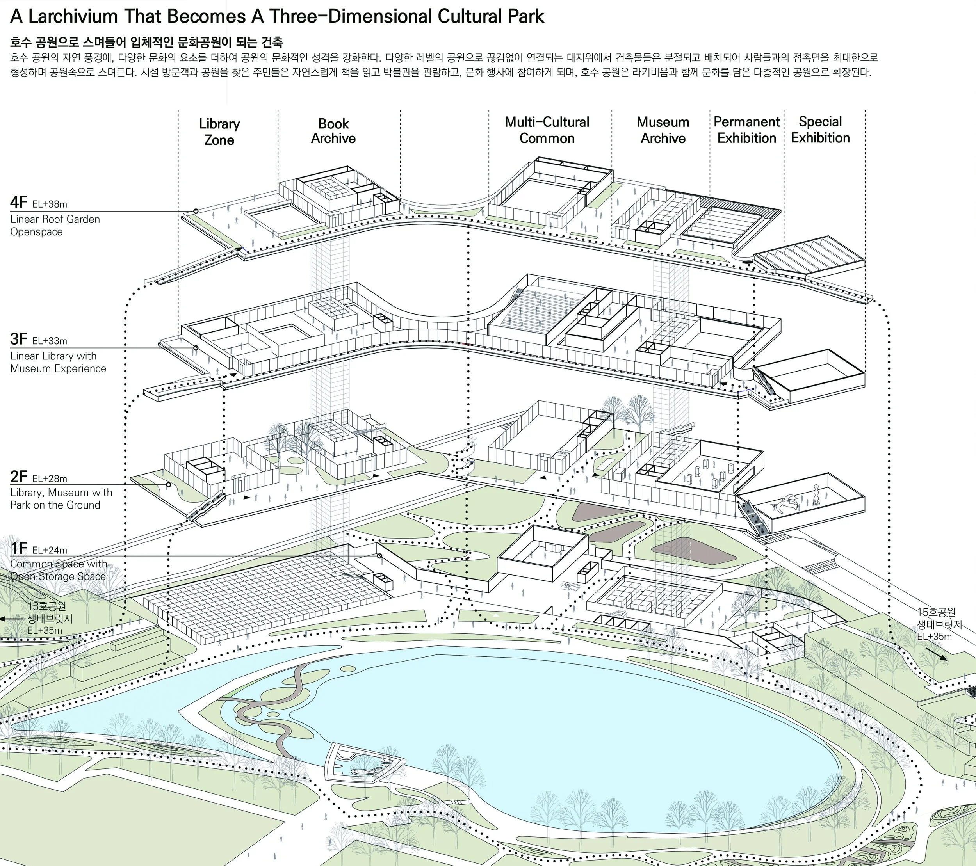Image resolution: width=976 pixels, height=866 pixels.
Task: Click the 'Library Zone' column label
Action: point(219,132)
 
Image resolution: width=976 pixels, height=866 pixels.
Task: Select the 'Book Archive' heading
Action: point(333,131)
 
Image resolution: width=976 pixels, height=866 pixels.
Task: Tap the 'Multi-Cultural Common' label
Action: point(547,130)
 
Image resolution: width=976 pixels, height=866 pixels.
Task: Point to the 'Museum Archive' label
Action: point(663,130)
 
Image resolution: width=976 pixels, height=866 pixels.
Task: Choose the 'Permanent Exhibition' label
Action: point(747,130)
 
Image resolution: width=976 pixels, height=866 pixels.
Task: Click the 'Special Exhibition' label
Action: point(820,130)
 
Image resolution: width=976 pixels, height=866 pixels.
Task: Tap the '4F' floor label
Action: point(19,203)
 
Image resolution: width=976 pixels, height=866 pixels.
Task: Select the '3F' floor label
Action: point(19,339)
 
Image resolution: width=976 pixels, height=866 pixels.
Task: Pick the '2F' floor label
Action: point(19,477)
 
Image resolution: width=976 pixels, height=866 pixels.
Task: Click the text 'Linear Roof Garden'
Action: point(55,219)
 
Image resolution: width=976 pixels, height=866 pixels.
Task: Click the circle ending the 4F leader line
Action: point(196,211)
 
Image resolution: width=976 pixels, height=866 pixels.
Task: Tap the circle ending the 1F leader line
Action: point(379,556)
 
